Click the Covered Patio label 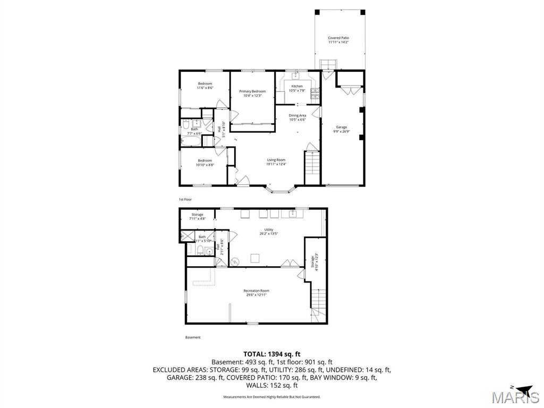click(338, 38)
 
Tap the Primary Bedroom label click(252, 91)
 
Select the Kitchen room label click(297, 86)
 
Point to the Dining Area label click(297, 115)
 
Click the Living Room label click(276, 160)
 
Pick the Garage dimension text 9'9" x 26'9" click(341, 131)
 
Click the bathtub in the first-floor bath click(190, 142)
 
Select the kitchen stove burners click(315, 93)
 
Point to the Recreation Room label click(256, 291)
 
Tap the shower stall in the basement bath click(187, 237)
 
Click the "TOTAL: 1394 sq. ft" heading click(272, 354)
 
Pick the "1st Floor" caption click(185, 199)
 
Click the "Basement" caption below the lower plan click(193, 337)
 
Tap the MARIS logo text click(515, 398)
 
